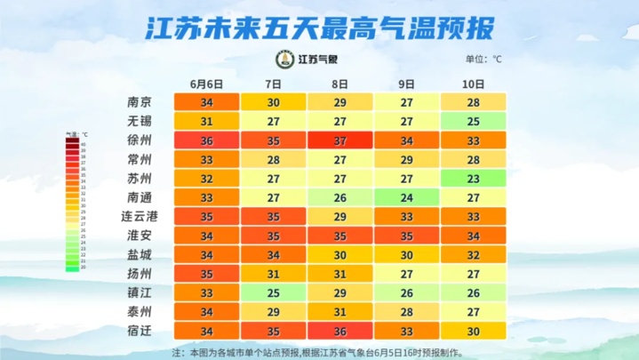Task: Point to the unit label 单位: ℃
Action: (483, 60)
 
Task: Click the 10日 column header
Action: (474, 84)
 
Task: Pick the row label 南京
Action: (140, 102)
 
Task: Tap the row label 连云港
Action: (139, 216)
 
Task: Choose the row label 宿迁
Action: (140, 332)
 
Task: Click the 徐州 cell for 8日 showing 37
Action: (339, 140)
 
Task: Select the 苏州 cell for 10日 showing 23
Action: (474, 179)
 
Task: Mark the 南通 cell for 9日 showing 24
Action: (407, 197)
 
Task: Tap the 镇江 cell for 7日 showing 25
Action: (273, 292)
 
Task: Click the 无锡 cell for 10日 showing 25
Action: (474, 122)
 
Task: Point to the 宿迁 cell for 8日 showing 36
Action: (339, 332)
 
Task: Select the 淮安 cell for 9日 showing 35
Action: (407, 236)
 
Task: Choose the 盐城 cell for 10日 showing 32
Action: (474, 255)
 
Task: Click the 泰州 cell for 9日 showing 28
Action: (407, 312)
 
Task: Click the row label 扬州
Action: (140, 274)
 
